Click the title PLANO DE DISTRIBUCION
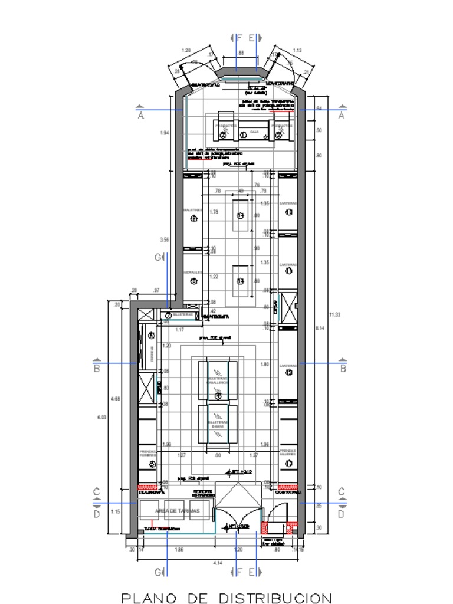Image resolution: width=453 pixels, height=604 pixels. click(x=226, y=598)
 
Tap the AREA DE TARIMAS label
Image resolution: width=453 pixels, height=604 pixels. click(x=178, y=510)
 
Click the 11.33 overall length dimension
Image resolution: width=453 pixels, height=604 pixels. click(x=335, y=314)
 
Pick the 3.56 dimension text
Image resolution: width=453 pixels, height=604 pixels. click(x=165, y=240)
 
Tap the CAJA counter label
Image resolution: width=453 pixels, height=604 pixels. click(x=254, y=132)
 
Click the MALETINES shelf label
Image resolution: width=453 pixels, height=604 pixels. click(x=193, y=210)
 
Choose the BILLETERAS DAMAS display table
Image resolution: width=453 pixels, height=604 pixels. click(x=218, y=424)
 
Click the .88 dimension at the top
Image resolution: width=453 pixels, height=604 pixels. click(x=241, y=53)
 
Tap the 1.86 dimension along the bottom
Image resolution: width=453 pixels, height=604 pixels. click(x=179, y=549)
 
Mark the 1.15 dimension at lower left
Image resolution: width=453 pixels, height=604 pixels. click(x=116, y=512)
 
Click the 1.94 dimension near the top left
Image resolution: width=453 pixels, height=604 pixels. click(x=165, y=133)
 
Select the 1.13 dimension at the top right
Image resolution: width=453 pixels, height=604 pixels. click(x=297, y=51)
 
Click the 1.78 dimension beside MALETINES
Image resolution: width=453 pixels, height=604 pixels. click(x=214, y=212)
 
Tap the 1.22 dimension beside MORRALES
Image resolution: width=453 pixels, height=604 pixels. click(x=214, y=277)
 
